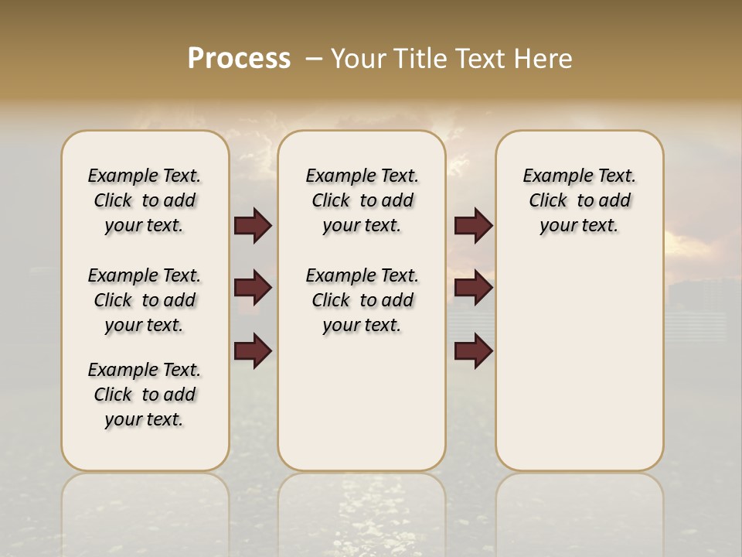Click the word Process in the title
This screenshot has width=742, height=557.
click(239, 59)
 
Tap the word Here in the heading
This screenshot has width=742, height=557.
click(544, 59)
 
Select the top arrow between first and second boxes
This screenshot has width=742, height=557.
click(253, 226)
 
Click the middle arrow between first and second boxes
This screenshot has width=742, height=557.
click(253, 289)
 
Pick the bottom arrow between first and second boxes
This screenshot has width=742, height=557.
click(253, 350)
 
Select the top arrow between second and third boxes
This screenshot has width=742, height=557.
click(473, 226)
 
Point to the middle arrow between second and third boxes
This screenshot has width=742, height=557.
click(473, 289)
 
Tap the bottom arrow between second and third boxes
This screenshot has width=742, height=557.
click(473, 350)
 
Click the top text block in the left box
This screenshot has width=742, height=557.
click(145, 200)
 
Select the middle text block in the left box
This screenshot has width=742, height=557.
click(145, 300)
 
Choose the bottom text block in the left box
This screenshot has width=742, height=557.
click(145, 395)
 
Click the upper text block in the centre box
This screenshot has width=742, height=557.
click(362, 200)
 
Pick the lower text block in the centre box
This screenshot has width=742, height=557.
click(362, 300)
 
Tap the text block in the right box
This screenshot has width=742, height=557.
click(579, 200)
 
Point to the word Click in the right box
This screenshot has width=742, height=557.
click(548, 201)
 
